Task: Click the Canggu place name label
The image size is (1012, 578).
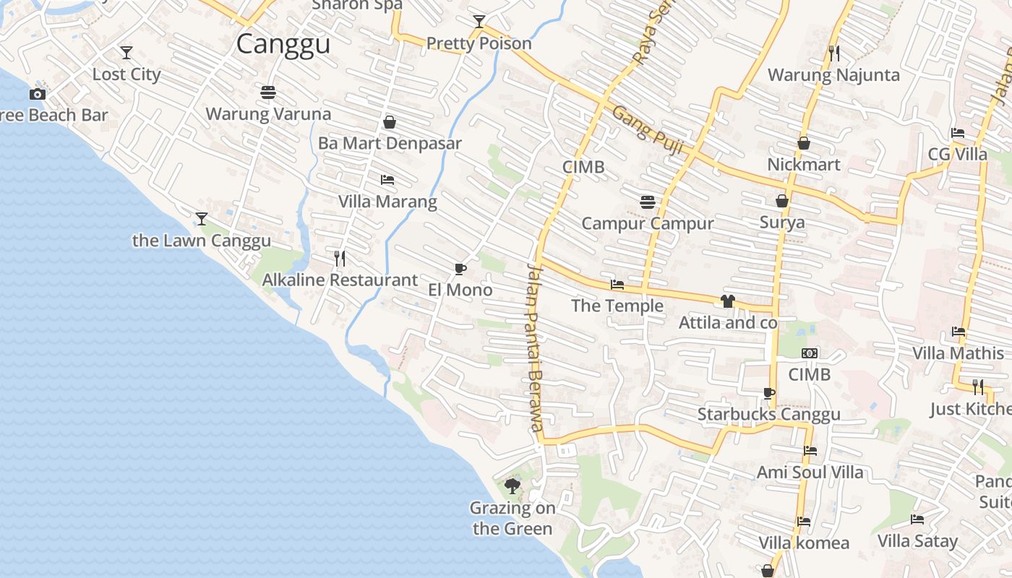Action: tap(283, 44)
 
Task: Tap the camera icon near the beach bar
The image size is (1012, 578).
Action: tap(38, 94)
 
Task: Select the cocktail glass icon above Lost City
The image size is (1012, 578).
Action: tap(126, 53)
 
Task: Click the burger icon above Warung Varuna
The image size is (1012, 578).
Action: tap(268, 92)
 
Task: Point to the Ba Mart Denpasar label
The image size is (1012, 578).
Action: tap(390, 143)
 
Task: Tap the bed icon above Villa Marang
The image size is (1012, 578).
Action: tap(387, 180)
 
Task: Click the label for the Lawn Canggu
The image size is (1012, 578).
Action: tap(202, 241)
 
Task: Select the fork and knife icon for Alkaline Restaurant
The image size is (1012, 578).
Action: tap(340, 258)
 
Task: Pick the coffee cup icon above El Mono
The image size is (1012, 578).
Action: tap(460, 269)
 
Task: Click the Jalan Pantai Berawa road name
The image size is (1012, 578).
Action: tap(534, 347)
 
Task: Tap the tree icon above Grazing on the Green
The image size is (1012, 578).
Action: tap(513, 486)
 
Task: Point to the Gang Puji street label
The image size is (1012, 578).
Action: tap(648, 133)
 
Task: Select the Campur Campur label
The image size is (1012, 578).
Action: tap(648, 223)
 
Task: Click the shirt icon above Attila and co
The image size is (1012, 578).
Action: tap(727, 301)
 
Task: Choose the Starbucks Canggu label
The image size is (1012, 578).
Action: tap(768, 414)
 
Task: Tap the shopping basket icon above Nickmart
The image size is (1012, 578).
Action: tap(804, 143)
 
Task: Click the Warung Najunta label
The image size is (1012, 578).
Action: tap(833, 75)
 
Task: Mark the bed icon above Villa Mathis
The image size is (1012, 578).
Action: tap(959, 332)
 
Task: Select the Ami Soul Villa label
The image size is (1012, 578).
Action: tap(810, 473)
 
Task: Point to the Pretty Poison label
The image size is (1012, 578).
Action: tap(479, 43)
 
